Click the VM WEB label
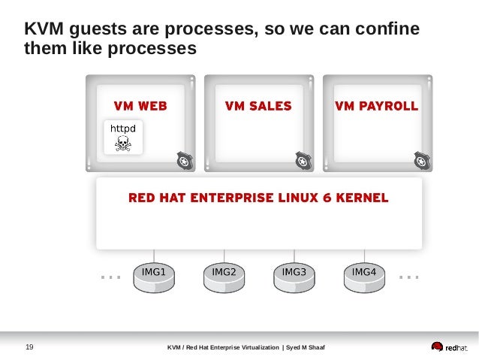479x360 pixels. point(140,106)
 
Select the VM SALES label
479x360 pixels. point(258,106)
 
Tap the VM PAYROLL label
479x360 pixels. point(376,106)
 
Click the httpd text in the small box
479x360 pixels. point(123,129)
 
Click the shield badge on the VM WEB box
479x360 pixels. point(184,160)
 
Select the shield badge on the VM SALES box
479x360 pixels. point(302,160)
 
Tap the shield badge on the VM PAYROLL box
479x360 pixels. point(420,160)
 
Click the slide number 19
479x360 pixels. point(30,346)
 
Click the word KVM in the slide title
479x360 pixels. point(44,30)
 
